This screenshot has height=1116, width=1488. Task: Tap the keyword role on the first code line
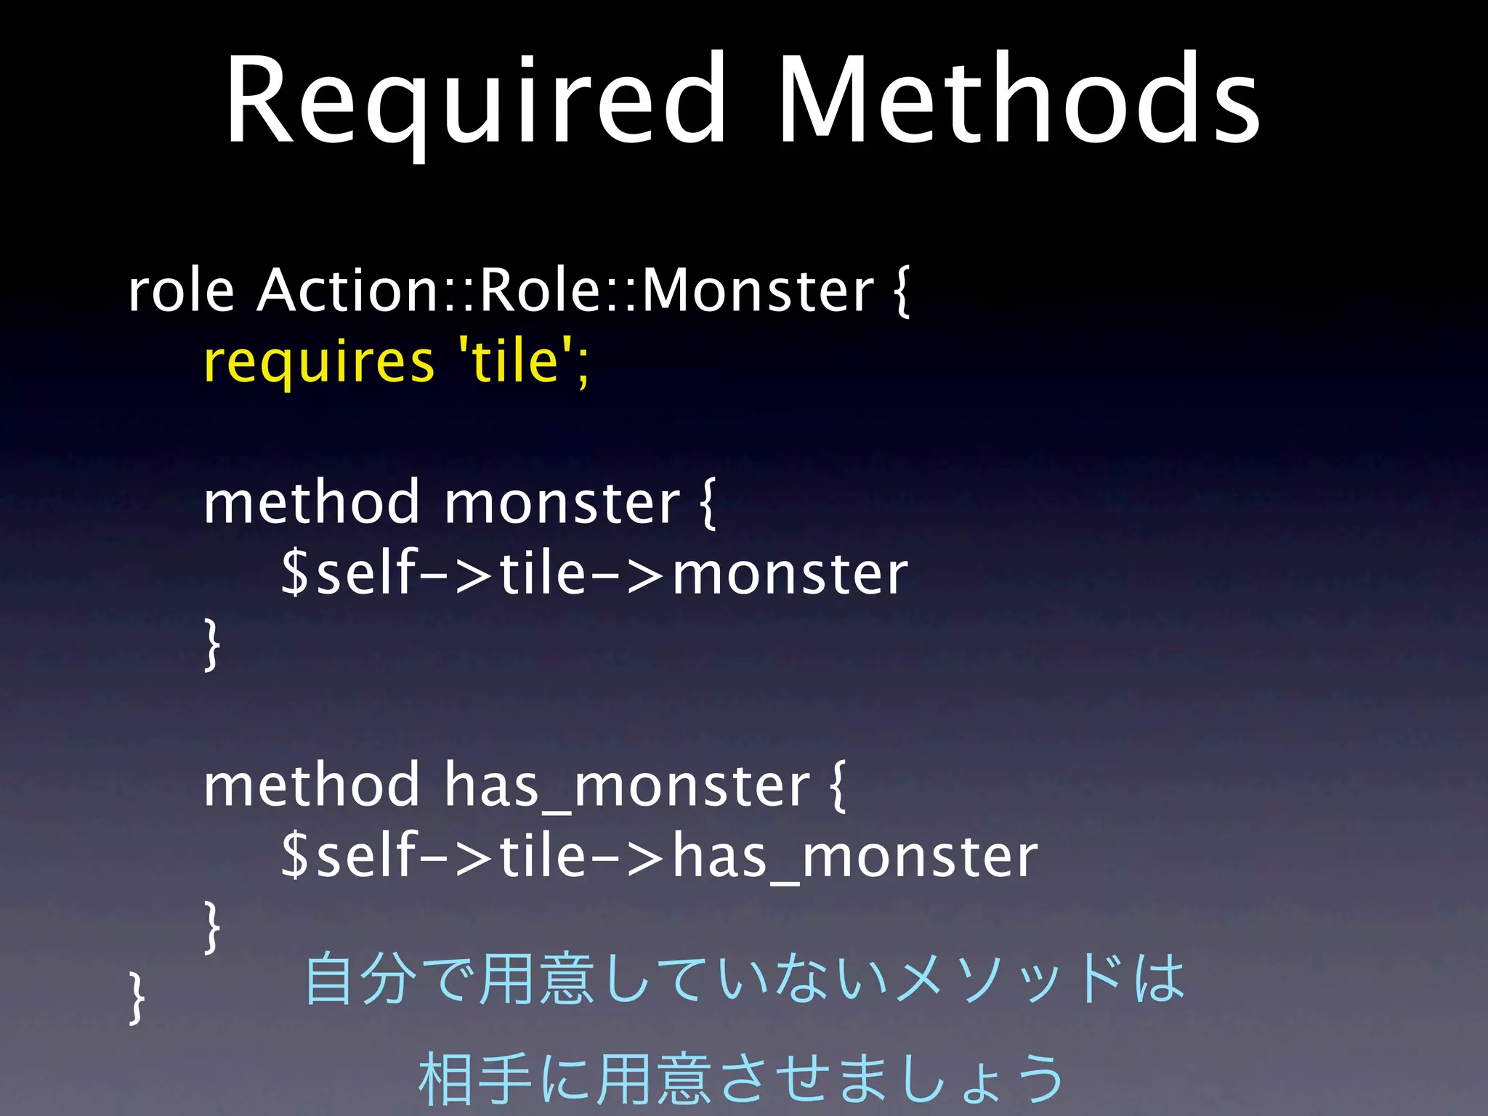(181, 291)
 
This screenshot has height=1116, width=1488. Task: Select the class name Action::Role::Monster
(565, 291)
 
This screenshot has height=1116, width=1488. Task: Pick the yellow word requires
(319, 363)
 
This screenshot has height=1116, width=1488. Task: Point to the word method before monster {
(312, 503)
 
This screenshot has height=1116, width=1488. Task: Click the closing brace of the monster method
(211, 644)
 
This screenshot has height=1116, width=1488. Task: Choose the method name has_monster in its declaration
(626, 786)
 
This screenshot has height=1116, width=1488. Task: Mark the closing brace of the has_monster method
(211, 927)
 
